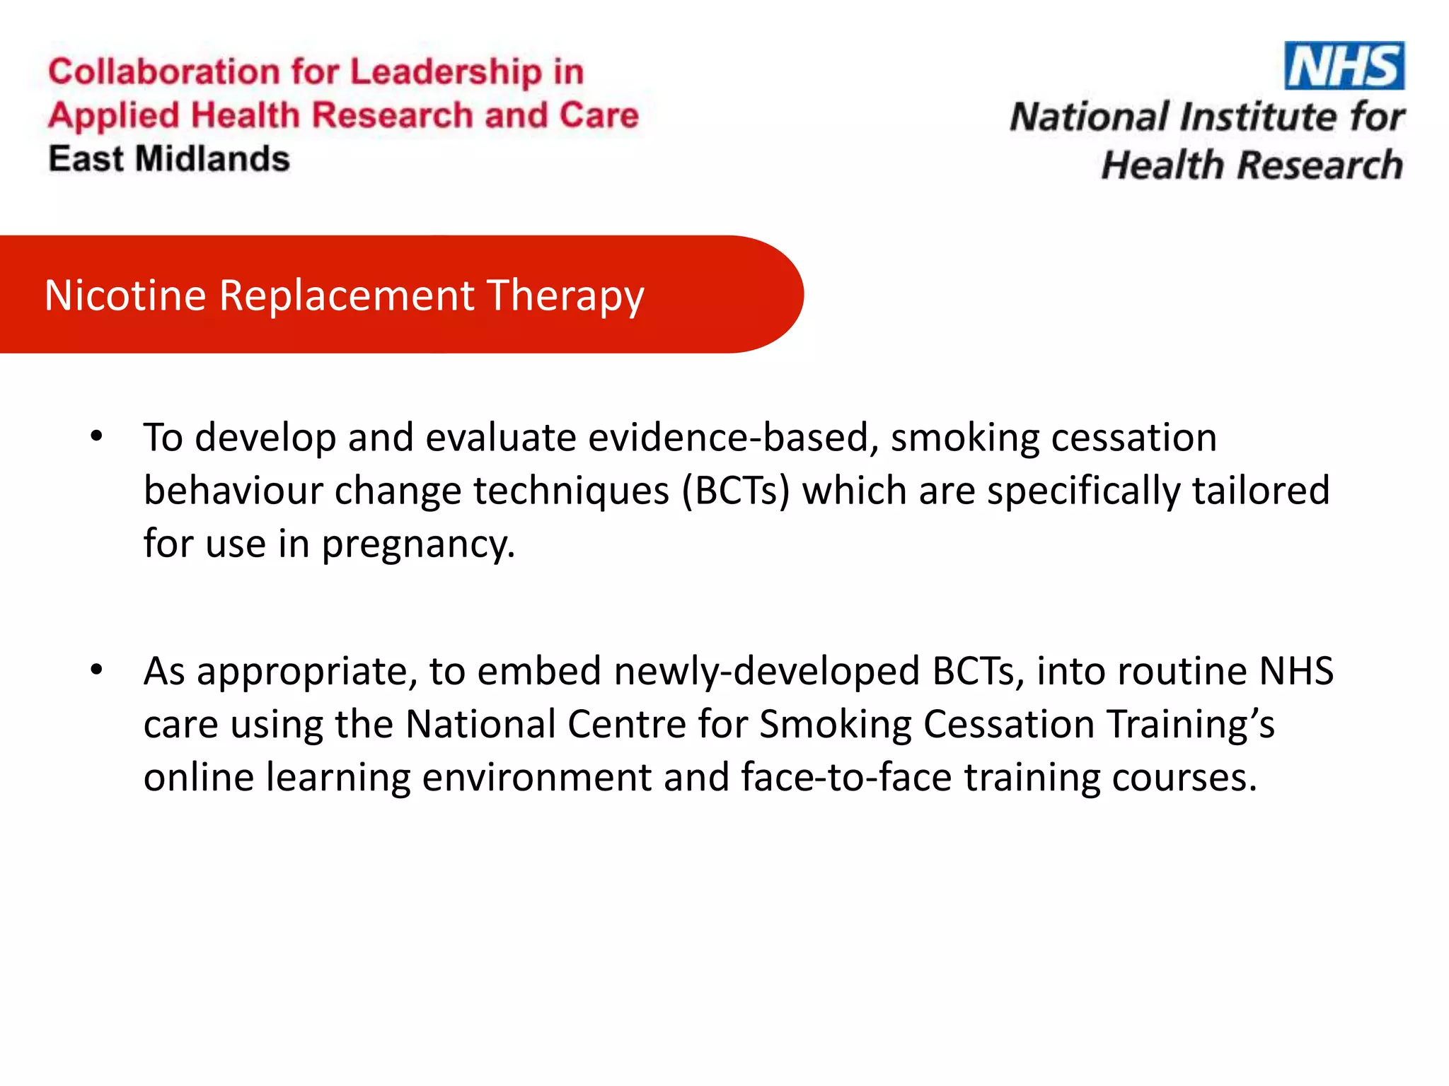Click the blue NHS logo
1344,66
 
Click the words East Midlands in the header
169,158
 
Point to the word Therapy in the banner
565,296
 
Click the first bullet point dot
97,436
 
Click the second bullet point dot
97,669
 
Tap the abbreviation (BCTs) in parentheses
735,491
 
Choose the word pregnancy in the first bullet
418,545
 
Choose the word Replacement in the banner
347,295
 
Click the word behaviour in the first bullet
233,491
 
